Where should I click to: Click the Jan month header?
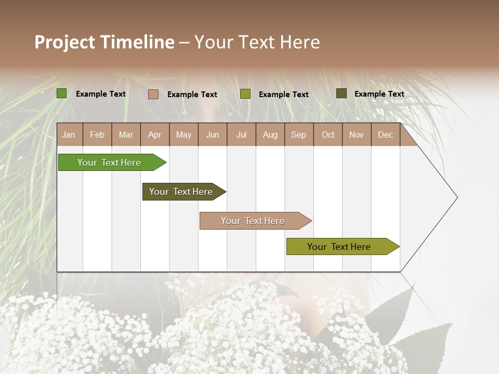pyautogui.click(x=69, y=135)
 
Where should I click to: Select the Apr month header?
pyautogui.click(x=155, y=135)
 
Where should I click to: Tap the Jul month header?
pyautogui.click(x=241, y=135)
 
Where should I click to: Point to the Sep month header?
pyautogui.click(x=298, y=135)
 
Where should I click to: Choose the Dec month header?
pyautogui.click(x=385, y=135)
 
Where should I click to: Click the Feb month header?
pyautogui.click(x=97, y=135)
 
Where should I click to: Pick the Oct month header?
pyautogui.click(x=328, y=135)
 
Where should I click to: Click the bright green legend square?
pyautogui.click(x=62, y=94)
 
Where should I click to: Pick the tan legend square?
pyautogui.click(x=153, y=94)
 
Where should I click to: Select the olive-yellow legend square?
pyautogui.click(x=245, y=94)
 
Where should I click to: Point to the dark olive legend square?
pyautogui.click(x=342, y=94)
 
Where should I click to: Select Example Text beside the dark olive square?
pyautogui.click(x=379, y=94)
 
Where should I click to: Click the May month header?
pyautogui.click(x=183, y=135)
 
